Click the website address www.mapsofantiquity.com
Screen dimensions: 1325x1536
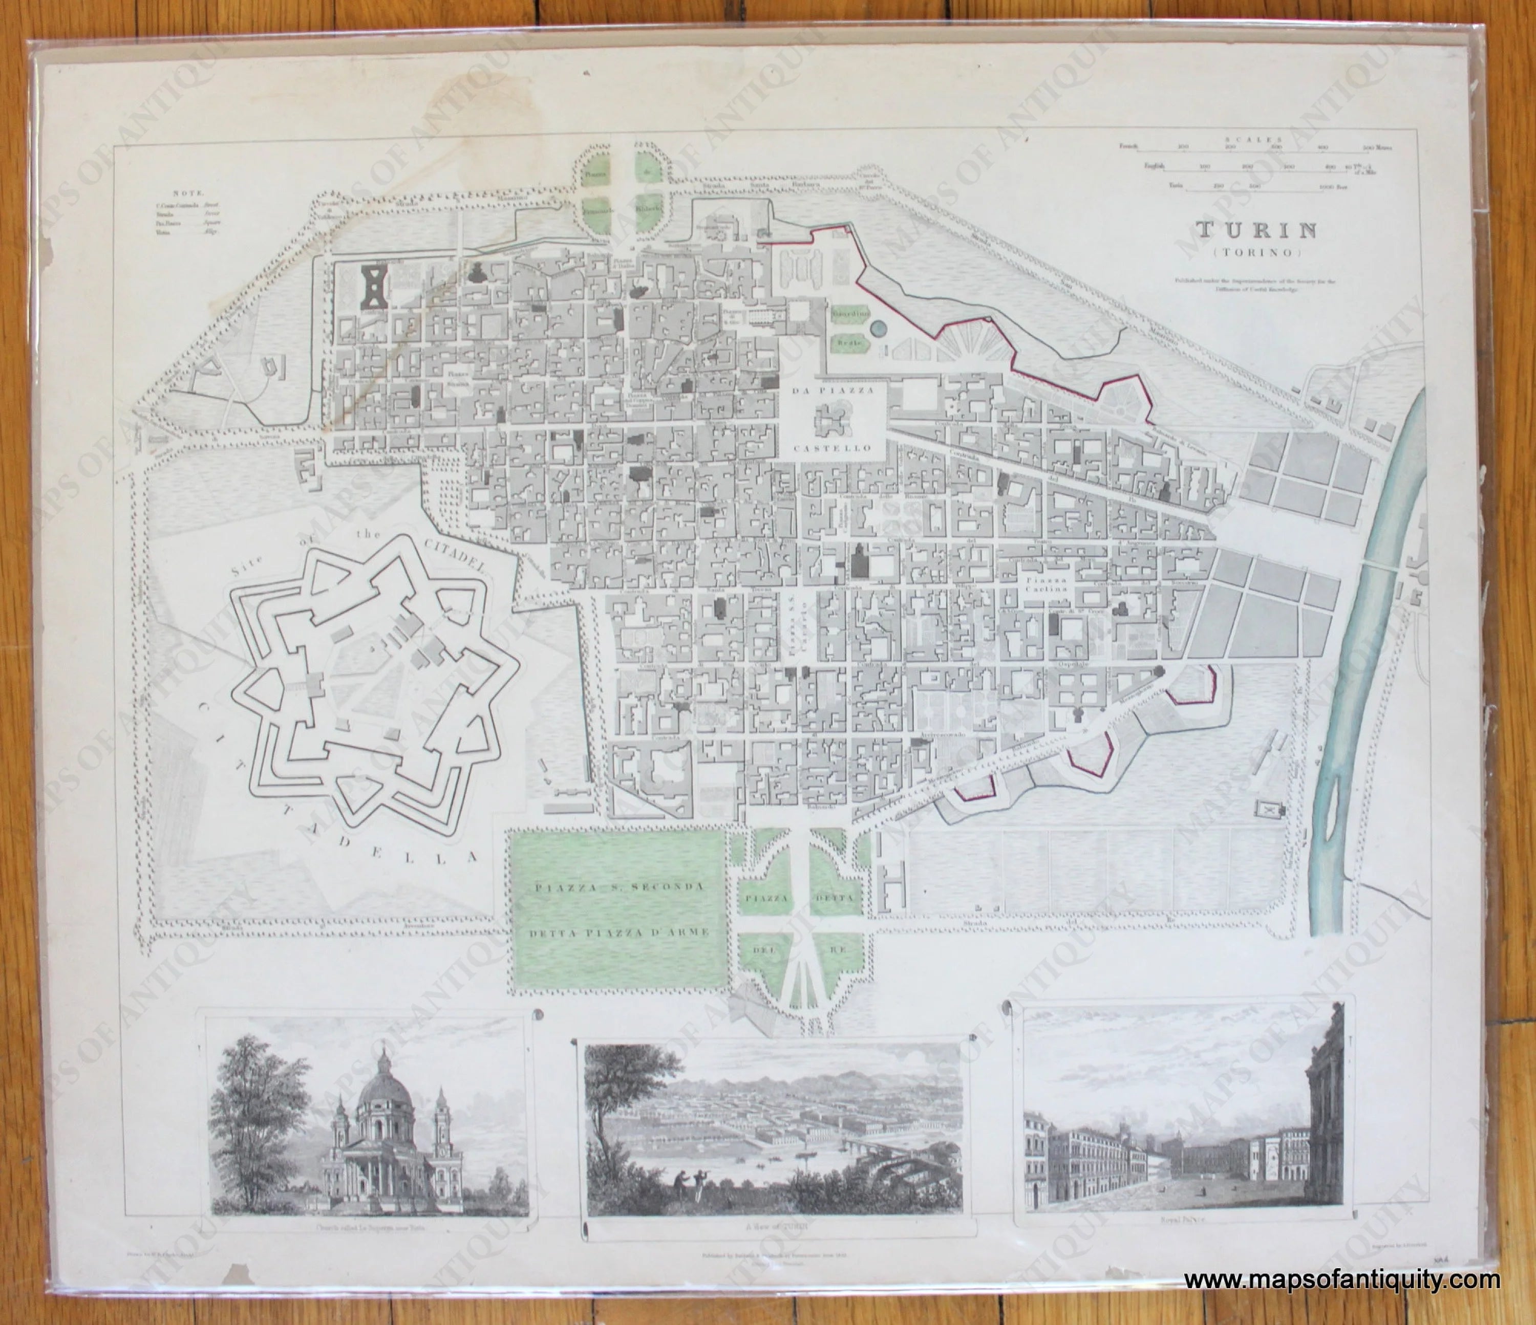pos(1342,1280)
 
